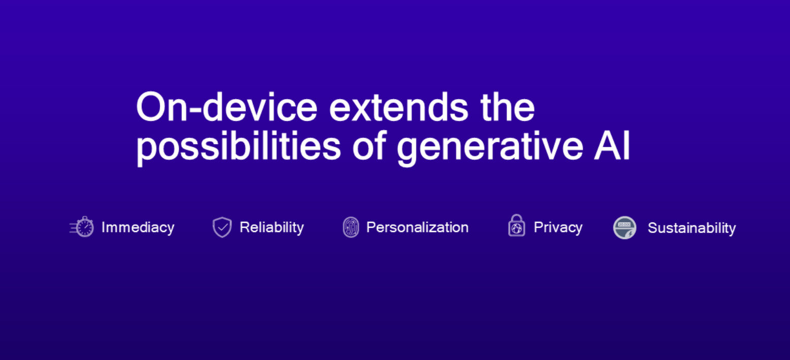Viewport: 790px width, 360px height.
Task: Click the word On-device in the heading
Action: (227, 107)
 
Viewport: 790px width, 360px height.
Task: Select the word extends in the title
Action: (398, 107)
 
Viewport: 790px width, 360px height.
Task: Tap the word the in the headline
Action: (508, 107)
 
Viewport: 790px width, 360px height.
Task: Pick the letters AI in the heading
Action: (612, 146)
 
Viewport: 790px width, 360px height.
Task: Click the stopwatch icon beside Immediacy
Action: (82, 227)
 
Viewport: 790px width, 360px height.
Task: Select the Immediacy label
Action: (138, 228)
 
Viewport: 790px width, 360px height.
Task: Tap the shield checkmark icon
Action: (222, 227)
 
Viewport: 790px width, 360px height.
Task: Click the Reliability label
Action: (272, 228)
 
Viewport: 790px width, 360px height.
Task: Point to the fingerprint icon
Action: (351, 227)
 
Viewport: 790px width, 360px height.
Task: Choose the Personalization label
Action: (418, 227)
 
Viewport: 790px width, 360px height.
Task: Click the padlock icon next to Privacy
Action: (517, 225)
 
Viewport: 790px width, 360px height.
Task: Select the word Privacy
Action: (558, 228)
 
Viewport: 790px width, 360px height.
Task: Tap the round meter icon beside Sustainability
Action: (624, 228)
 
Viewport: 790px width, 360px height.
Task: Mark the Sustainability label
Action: (692, 228)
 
